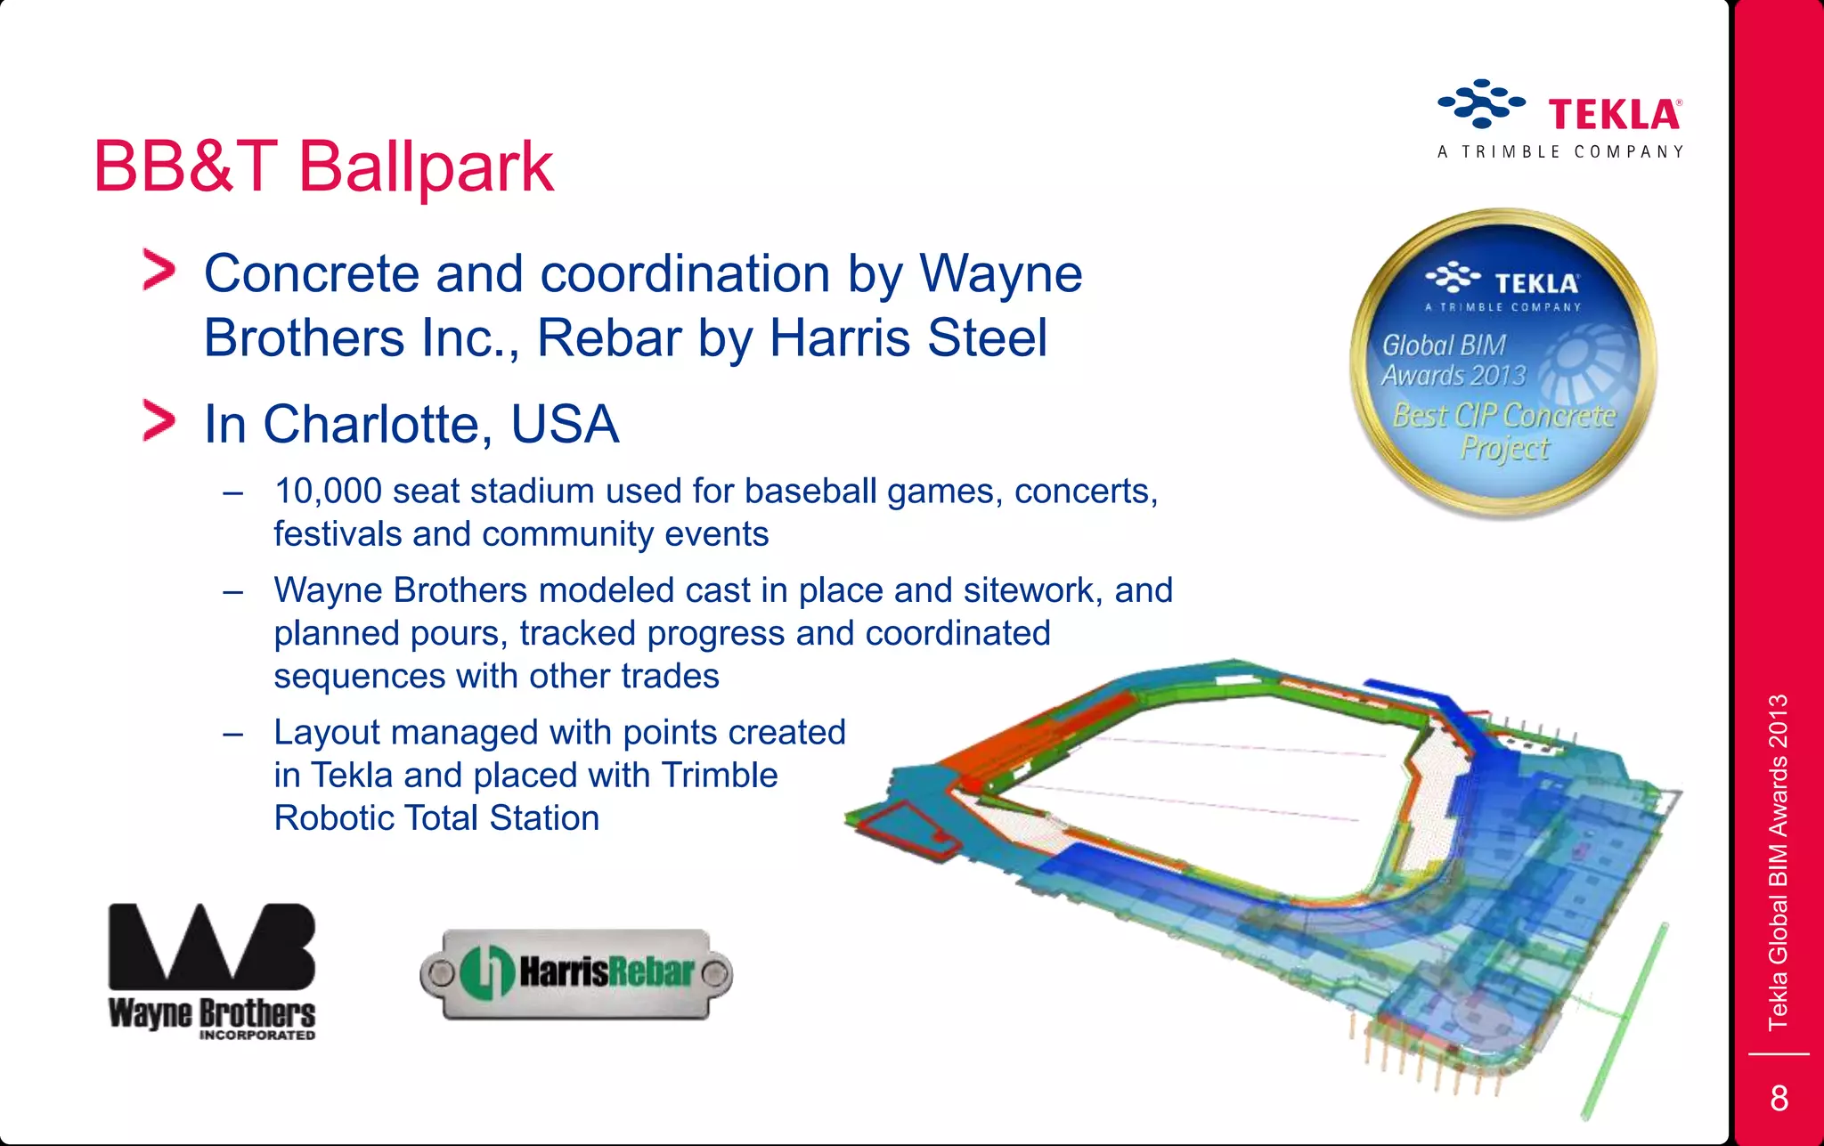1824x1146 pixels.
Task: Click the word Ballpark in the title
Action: click(425, 167)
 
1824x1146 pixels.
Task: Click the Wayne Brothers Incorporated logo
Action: click(212, 971)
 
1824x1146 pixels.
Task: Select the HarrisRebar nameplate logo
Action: click(576, 973)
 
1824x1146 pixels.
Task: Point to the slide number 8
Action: click(1779, 1098)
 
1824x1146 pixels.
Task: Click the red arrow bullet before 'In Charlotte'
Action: click(159, 421)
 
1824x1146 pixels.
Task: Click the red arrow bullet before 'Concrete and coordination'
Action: click(159, 271)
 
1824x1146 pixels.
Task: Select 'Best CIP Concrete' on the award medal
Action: click(1503, 416)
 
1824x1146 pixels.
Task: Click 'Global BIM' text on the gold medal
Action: click(1443, 345)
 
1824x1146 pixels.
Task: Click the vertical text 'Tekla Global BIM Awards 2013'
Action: click(1778, 862)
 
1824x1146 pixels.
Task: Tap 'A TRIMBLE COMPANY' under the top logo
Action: click(1559, 152)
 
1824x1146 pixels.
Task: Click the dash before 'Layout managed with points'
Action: click(233, 734)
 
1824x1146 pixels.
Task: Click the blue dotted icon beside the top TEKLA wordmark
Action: click(1480, 103)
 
